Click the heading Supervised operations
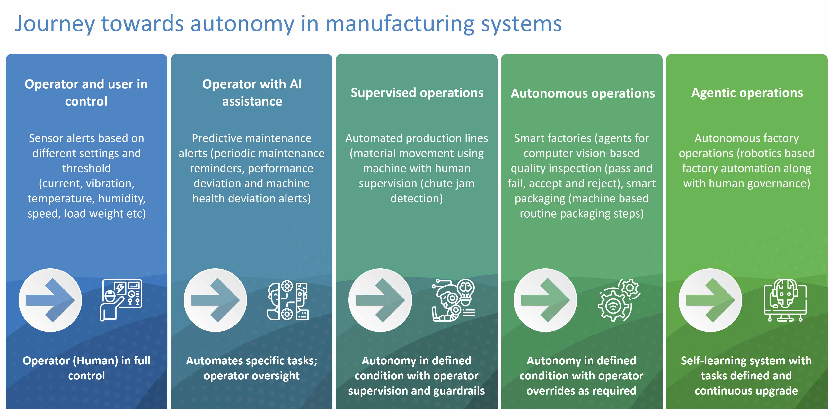click(417, 93)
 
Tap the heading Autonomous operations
click(582, 93)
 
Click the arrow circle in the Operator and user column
click(50, 300)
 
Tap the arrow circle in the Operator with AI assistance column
click(215, 300)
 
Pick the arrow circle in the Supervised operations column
click(380, 300)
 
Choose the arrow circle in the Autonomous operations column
click(545, 300)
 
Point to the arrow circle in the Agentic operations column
click(710, 300)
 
